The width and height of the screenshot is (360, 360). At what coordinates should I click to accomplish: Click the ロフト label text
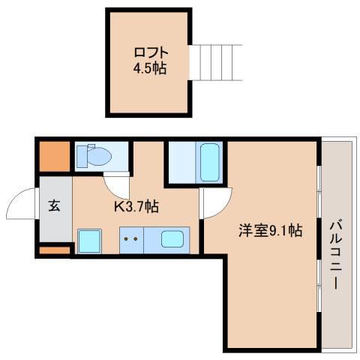click(151, 52)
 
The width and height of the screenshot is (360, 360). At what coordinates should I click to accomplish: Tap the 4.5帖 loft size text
click(150, 68)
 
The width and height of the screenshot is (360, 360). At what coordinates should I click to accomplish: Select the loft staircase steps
click(216, 62)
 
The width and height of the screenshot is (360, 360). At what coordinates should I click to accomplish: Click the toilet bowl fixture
click(100, 157)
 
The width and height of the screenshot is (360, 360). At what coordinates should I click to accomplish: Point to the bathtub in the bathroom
click(210, 163)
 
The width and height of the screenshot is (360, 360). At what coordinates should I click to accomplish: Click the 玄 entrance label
click(55, 205)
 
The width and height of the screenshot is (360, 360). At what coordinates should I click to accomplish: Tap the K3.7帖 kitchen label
click(136, 206)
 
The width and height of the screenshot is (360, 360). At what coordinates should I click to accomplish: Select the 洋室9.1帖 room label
click(270, 230)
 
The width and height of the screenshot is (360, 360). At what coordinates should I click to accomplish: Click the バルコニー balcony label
click(336, 254)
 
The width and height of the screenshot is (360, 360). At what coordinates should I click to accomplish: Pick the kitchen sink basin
click(172, 239)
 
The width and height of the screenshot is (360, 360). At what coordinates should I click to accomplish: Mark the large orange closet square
click(55, 157)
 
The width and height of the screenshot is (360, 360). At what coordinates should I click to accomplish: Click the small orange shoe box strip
click(55, 250)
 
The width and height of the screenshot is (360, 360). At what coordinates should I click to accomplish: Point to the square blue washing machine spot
click(89, 241)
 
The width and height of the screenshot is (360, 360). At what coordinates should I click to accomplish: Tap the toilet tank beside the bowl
click(82, 157)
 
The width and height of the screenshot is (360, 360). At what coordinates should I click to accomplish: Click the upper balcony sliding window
click(319, 192)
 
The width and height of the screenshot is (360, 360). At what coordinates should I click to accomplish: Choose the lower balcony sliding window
click(319, 285)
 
